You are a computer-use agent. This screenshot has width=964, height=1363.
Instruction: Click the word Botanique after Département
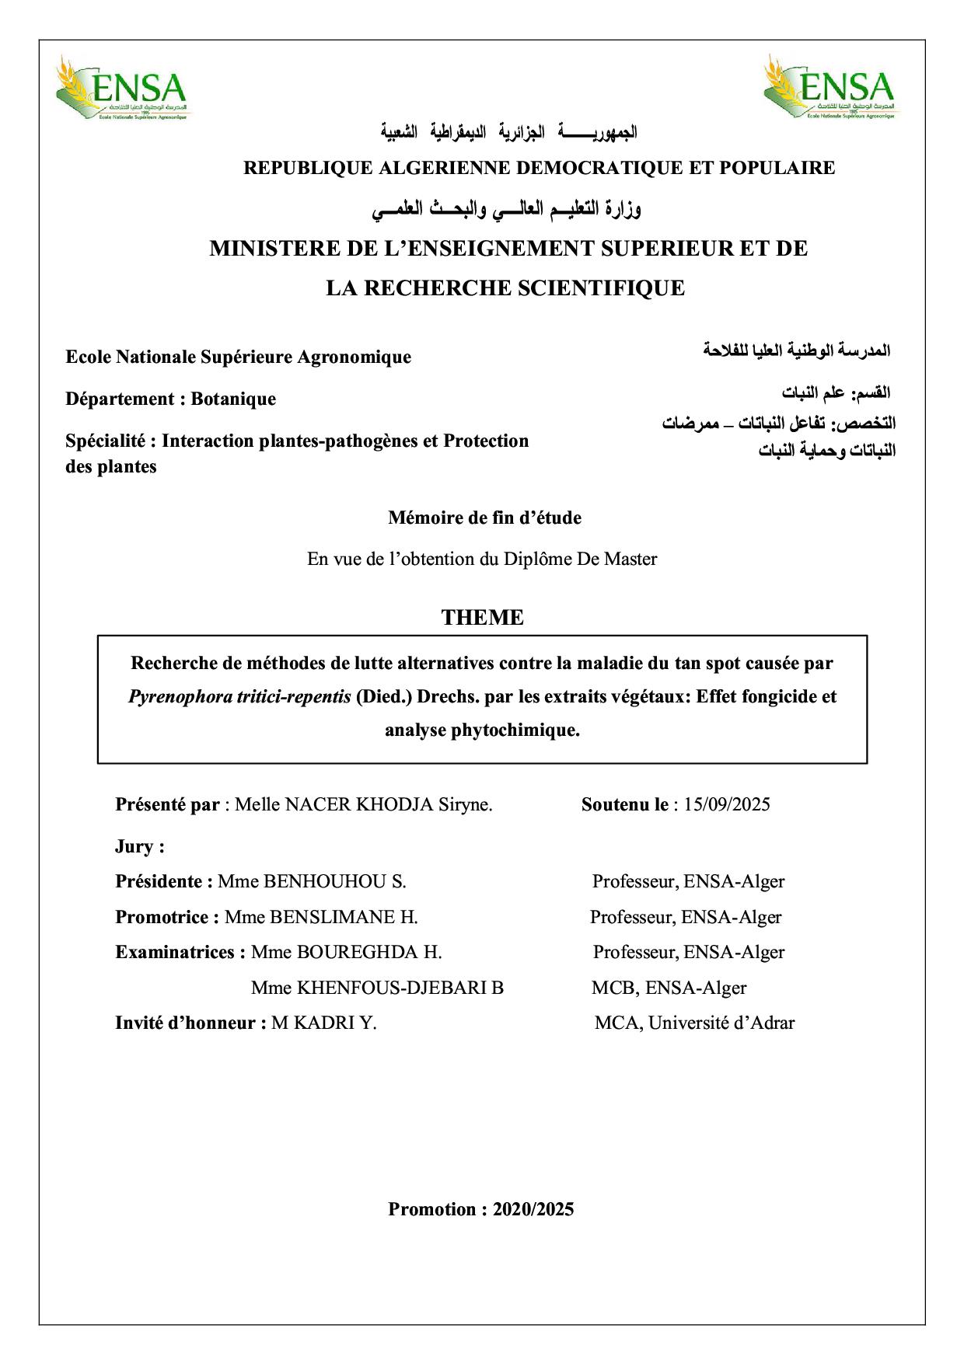tap(233, 399)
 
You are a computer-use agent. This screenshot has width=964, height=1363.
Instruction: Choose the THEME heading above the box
tap(482, 618)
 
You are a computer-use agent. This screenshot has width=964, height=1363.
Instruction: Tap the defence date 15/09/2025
tap(727, 804)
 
